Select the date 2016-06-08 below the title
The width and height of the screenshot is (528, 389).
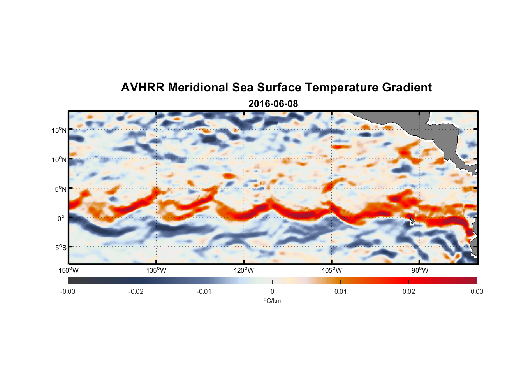273,104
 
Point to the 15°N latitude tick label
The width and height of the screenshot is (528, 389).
59,130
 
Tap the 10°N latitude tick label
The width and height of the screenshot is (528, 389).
59,159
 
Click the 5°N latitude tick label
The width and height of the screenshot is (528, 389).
60,189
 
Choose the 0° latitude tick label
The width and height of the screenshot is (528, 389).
61,218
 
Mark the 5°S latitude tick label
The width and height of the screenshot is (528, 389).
60,248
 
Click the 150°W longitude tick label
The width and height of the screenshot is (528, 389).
69,270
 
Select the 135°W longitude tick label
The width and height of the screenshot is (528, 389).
156,270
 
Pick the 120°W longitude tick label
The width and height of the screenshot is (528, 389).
244,270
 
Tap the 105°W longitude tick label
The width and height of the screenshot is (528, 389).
332,270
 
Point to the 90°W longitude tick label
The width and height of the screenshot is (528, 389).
420,270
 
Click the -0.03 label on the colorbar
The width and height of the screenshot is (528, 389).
68,292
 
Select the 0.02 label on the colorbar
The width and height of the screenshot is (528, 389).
408,292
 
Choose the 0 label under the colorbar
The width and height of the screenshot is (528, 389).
272,292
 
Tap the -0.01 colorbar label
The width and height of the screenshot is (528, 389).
204,292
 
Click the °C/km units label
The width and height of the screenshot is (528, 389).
272,301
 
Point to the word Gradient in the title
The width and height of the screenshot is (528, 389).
407,88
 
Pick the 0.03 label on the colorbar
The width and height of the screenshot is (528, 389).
477,292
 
